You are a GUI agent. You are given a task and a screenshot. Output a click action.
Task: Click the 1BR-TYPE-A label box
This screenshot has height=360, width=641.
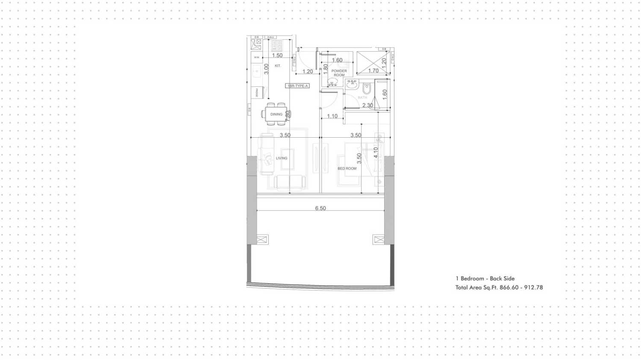[x=297, y=86]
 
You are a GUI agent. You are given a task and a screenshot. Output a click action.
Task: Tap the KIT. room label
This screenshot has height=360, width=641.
[x=278, y=66]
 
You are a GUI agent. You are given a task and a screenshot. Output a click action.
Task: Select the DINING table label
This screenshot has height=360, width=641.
[x=276, y=114]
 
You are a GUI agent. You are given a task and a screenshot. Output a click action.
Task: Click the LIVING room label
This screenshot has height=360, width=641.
[x=282, y=158]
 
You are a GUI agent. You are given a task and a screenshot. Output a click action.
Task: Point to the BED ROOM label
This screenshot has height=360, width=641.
[x=347, y=168]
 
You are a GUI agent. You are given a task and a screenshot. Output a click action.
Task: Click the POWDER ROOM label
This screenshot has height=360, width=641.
[x=339, y=73]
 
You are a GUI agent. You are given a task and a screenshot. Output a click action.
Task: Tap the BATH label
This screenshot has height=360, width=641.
[x=362, y=97]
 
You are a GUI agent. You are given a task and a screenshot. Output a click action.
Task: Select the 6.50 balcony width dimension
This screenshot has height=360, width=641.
[x=320, y=208]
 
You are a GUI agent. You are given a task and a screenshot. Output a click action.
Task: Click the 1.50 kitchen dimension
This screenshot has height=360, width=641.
[x=277, y=55]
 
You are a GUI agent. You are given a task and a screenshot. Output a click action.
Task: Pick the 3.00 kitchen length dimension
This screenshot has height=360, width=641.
[x=266, y=69]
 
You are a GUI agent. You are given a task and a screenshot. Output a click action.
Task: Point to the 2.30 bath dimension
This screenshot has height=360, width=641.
[x=368, y=105]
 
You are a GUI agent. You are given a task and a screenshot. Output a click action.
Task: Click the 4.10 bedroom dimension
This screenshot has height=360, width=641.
[x=376, y=153]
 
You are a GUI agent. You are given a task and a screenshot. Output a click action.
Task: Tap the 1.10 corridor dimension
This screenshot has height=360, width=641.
[x=332, y=116]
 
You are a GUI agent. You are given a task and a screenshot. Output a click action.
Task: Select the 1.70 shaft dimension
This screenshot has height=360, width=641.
[x=373, y=71]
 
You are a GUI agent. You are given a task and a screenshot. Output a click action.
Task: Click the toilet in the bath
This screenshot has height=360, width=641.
[x=367, y=89]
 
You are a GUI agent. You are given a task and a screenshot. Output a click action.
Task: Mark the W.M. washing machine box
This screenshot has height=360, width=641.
[x=256, y=57]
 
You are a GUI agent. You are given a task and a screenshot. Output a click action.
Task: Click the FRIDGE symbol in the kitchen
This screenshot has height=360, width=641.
[x=257, y=92]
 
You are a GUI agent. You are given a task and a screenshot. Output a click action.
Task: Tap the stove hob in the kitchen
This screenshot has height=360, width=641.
[x=276, y=45]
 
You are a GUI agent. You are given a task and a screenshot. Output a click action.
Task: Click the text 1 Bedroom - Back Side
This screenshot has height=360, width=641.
[x=485, y=278]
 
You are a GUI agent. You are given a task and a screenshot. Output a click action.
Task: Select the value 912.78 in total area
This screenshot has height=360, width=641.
[x=533, y=288]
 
